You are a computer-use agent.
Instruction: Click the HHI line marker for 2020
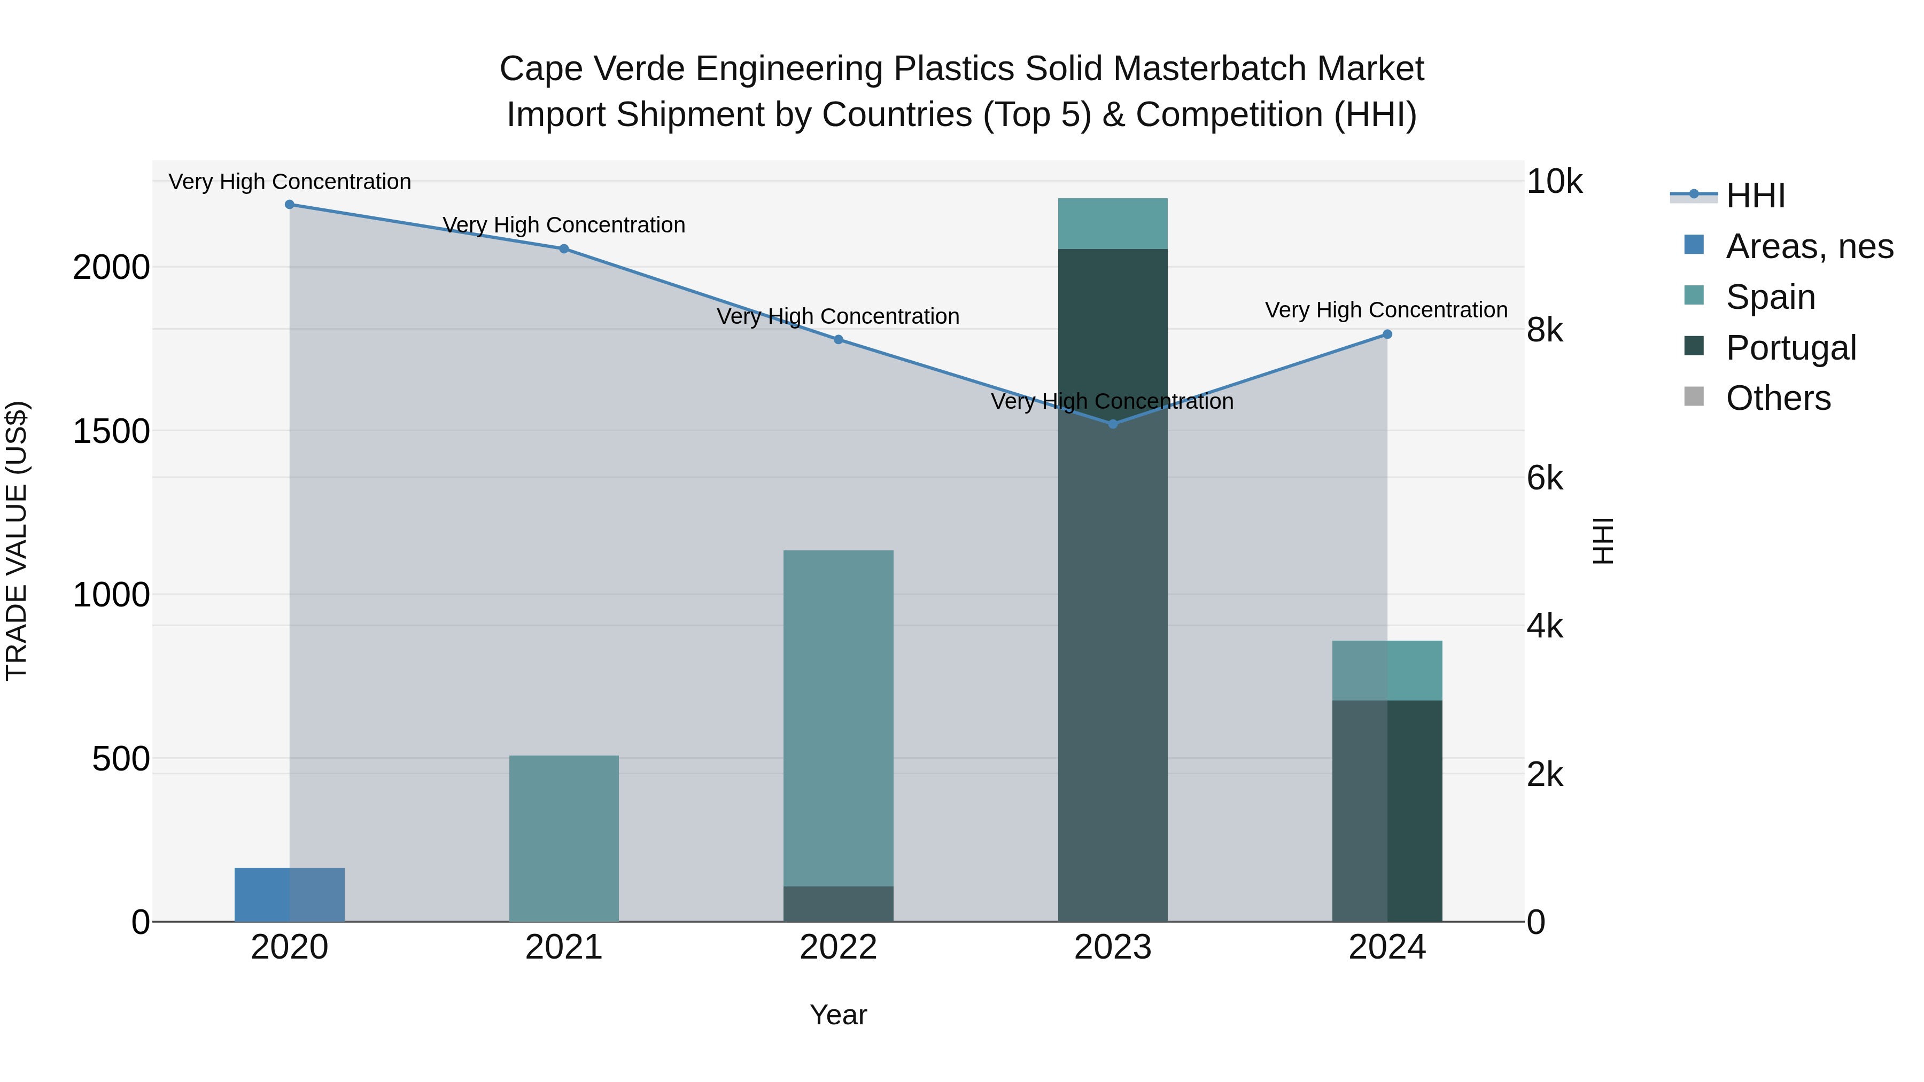290,205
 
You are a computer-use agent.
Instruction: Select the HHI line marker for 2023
1113,424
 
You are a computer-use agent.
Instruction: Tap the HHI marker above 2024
1387,334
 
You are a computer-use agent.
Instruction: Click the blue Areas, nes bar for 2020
290,894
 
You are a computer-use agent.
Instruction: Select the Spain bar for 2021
564,838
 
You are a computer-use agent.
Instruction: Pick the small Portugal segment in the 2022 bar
838,904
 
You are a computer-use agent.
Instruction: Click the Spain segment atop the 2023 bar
1113,224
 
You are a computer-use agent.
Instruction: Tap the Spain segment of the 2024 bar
1387,671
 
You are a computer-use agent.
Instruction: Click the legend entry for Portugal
1790,348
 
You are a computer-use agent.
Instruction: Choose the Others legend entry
1778,399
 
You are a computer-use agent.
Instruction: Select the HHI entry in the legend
1755,196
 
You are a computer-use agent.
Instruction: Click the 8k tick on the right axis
1545,330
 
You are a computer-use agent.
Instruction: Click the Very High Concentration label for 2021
564,225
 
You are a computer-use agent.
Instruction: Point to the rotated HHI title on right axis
1603,541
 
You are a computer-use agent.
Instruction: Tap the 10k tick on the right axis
1554,182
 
